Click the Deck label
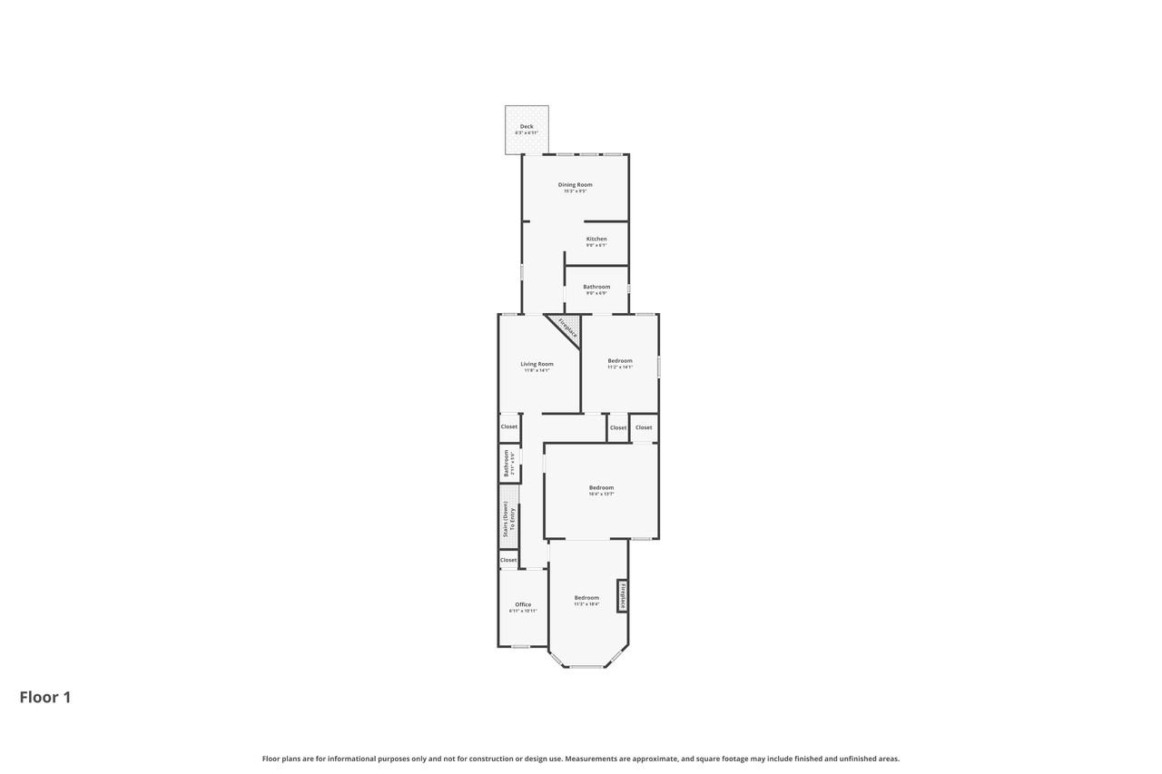tap(527, 127)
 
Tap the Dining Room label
tap(575, 185)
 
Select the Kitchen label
tap(596, 240)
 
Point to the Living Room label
tap(537, 365)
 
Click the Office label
tap(523, 604)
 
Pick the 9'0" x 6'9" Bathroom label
tap(596, 287)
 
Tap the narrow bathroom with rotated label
tap(508, 463)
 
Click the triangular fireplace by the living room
tap(566, 328)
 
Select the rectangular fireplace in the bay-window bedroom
tap(623, 596)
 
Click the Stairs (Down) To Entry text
tap(508, 519)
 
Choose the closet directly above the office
tap(508, 560)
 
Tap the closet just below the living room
tap(509, 426)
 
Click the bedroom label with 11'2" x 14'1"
tap(620, 361)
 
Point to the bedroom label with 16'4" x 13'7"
tap(601, 488)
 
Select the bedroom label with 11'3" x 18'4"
tap(586, 598)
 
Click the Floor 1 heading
tap(45, 697)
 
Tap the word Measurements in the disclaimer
tap(591, 759)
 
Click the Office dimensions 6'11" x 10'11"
tap(523, 612)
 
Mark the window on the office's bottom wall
tap(520, 646)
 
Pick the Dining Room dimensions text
tap(575, 191)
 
